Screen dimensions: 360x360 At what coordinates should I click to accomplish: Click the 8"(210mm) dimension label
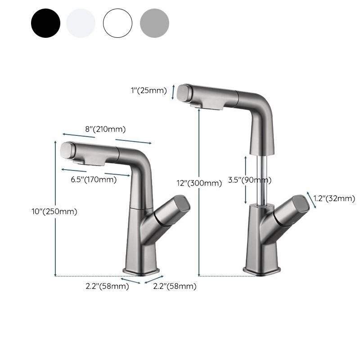point(105,130)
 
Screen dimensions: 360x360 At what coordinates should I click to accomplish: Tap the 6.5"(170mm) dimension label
point(94,180)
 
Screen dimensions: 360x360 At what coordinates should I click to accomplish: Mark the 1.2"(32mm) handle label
point(334,198)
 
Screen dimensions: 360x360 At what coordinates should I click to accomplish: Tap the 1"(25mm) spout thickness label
point(148,90)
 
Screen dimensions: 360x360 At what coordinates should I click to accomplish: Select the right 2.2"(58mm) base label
point(174,286)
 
